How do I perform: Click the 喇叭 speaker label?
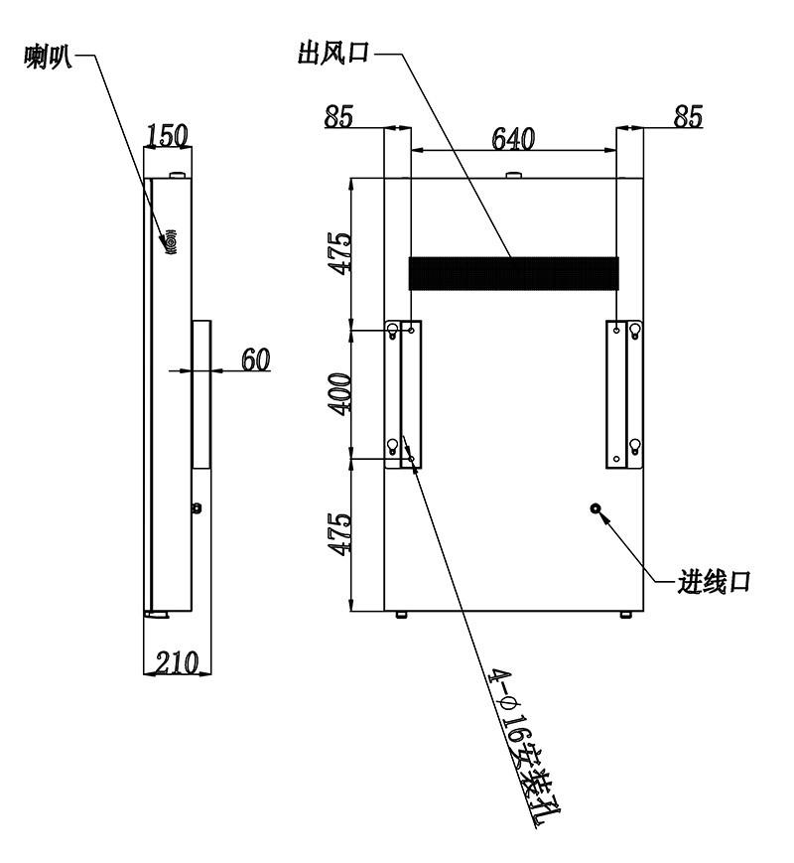[x=48, y=57]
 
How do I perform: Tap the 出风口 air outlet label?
[x=332, y=54]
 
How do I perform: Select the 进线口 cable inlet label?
[x=714, y=581]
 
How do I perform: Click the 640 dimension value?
[x=513, y=139]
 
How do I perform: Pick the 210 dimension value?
[x=176, y=662]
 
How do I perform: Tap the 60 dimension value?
[x=256, y=360]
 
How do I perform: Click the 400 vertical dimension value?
[x=339, y=394]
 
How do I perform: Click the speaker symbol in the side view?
[x=170, y=241]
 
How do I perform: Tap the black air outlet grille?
[x=513, y=273]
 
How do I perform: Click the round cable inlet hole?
[x=595, y=508]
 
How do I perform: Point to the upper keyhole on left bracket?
[x=392, y=331]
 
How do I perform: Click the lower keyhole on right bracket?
[x=635, y=446]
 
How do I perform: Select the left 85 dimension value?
[x=338, y=116]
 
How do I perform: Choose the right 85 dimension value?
[x=689, y=116]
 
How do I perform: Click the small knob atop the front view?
[x=514, y=175]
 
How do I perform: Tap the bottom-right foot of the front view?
[x=626, y=614]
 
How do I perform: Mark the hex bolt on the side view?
[x=197, y=508]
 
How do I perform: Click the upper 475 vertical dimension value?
[x=339, y=253]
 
